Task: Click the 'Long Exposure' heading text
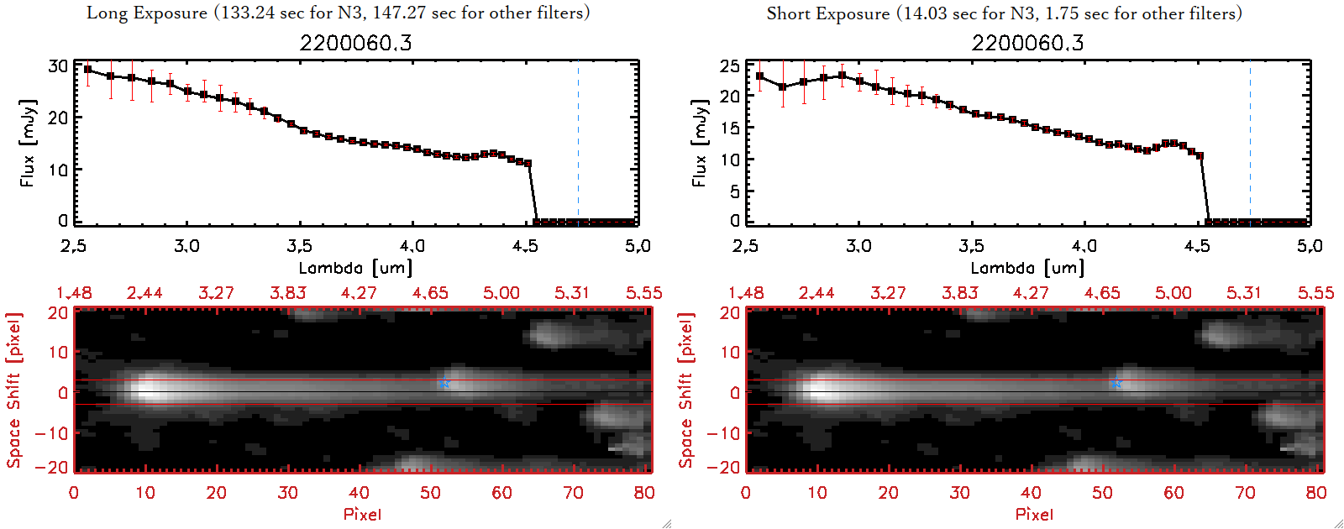[147, 13]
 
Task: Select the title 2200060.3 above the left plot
[356, 43]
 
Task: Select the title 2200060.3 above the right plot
[1028, 43]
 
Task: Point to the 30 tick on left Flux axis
[58, 65]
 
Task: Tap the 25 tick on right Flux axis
[730, 65]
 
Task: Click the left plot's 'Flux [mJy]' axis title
[28, 143]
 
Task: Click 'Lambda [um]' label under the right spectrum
[1027, 268]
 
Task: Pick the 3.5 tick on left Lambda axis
[299, 246]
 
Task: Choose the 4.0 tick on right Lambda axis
[1084, 246]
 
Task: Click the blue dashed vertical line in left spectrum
[578, 143]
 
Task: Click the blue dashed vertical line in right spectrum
[1250, 143]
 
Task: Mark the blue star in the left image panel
[444, 384]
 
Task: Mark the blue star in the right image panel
[1116, 384]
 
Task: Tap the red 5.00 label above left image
[501, 293]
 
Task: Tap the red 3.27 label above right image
[888, 293]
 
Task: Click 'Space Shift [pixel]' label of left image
[13, 390]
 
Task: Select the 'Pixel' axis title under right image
[1034, 514]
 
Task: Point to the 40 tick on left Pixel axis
[359, 493]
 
